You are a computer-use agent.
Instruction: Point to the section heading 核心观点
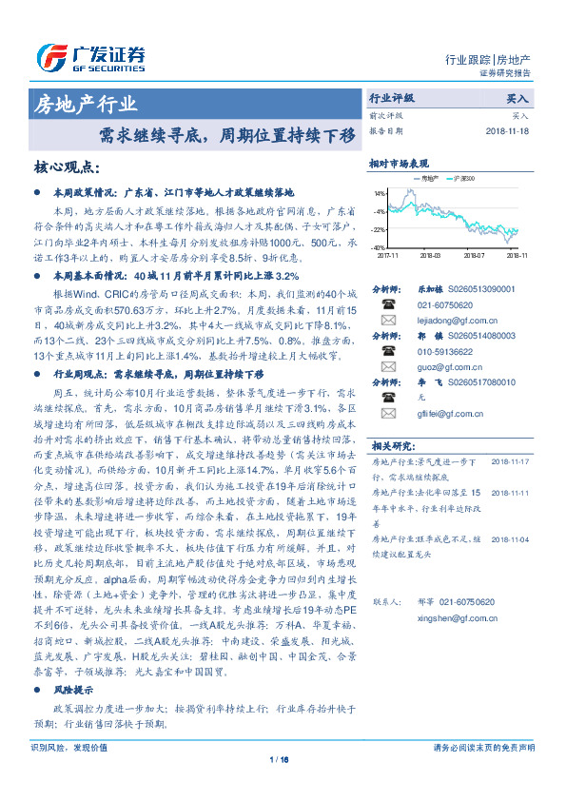click(x=67, y=167)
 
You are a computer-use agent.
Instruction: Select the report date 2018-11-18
click(x=509, y=131)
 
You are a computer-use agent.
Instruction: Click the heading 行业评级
click(x=392, y=98)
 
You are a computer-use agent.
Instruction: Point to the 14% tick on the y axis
click(x=379, y=192)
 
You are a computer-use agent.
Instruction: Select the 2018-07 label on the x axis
click(x=475, y=255)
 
